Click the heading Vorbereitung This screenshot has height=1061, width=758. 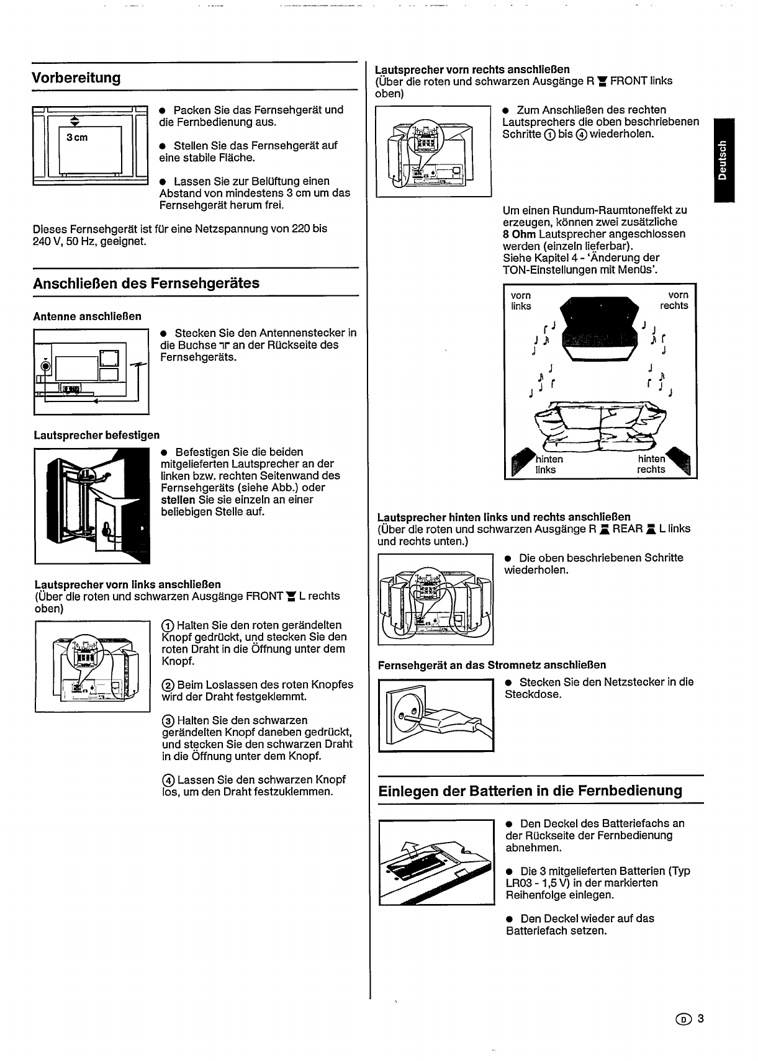[76, 78]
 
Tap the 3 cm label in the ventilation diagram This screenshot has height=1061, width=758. [78, 137]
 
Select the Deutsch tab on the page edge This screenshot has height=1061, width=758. [723, 159]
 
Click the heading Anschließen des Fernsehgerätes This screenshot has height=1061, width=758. [146, 284]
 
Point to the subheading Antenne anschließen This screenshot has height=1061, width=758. [87, 316]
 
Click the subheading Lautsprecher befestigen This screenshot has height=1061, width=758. [96, 435]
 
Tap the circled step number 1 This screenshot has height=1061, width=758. [167, 625]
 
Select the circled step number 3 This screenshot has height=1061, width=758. [168, 721]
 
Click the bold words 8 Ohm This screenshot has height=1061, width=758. [519, 234]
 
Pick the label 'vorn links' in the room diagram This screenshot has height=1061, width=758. [521, 301]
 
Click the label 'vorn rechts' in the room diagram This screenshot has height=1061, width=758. [674, 301]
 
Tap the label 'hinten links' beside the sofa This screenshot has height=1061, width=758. [548, 465]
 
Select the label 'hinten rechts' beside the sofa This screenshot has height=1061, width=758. [651, 465]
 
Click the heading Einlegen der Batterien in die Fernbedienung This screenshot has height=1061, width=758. [530, 791]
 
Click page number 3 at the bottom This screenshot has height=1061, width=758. [700, 1019]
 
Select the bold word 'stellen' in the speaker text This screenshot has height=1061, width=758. [176, 500]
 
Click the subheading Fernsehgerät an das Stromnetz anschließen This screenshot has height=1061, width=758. [492, 665]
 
